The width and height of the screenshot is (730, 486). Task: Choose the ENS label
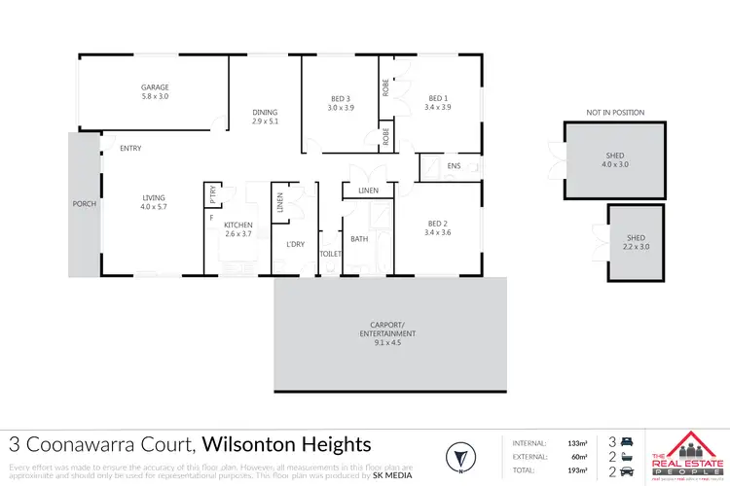pyautogui.click(x=453, y=166)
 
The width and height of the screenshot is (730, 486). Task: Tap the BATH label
pyautogui.click(x=358, y=238)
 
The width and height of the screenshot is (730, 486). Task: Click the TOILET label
pyautogui.click(x=330, y=253)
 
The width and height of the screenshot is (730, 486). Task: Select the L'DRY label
pyautogui.click(x=295, y=243)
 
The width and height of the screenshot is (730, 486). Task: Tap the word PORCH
pyautogui.click(x=83, y=204)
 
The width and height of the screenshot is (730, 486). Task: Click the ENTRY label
pyautogui.click(x=130, y=148)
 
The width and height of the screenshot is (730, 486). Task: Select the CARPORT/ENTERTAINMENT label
pyautogui.click(x=389, y=333)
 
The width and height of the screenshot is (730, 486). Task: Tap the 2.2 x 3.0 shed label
pyautogui.click(x=636, y=243)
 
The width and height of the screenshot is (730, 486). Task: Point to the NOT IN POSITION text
pyautogui.click(x=614, y=113)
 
